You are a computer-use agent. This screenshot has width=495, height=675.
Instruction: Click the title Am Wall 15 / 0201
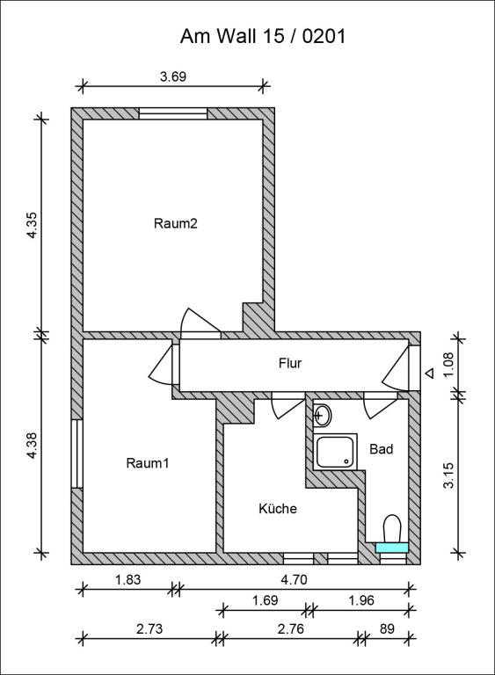263,36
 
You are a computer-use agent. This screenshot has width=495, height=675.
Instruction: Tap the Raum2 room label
176,223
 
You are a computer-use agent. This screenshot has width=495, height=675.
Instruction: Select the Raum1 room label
147,463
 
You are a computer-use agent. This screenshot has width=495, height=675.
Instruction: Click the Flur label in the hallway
290,362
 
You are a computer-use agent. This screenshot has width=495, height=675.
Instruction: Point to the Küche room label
277,508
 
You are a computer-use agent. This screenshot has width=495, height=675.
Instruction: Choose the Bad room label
381,448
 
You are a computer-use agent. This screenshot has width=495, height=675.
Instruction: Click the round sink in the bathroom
323,415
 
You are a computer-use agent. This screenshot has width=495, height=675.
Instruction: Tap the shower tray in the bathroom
335,452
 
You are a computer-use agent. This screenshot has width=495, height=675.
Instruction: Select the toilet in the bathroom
392,530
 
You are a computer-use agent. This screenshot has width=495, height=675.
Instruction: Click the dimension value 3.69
173,76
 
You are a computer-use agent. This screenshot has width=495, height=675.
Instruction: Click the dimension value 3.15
449,475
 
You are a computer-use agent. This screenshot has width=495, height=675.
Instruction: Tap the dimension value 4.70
293,579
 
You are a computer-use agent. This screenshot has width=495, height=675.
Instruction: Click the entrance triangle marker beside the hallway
429,373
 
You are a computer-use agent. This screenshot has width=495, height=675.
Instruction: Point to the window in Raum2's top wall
173,112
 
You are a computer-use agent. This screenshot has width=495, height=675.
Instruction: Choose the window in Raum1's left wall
76,454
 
